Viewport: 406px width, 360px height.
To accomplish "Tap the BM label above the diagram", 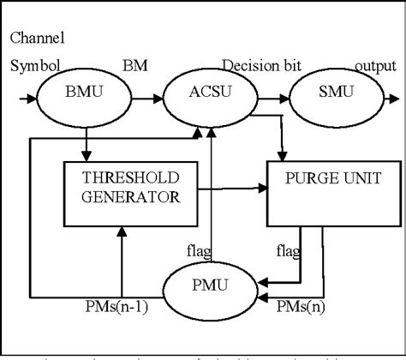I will pyautogui.click(x=134, y=66).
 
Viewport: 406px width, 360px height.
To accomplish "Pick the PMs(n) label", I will pyautogui.click(x=304, y=307).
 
